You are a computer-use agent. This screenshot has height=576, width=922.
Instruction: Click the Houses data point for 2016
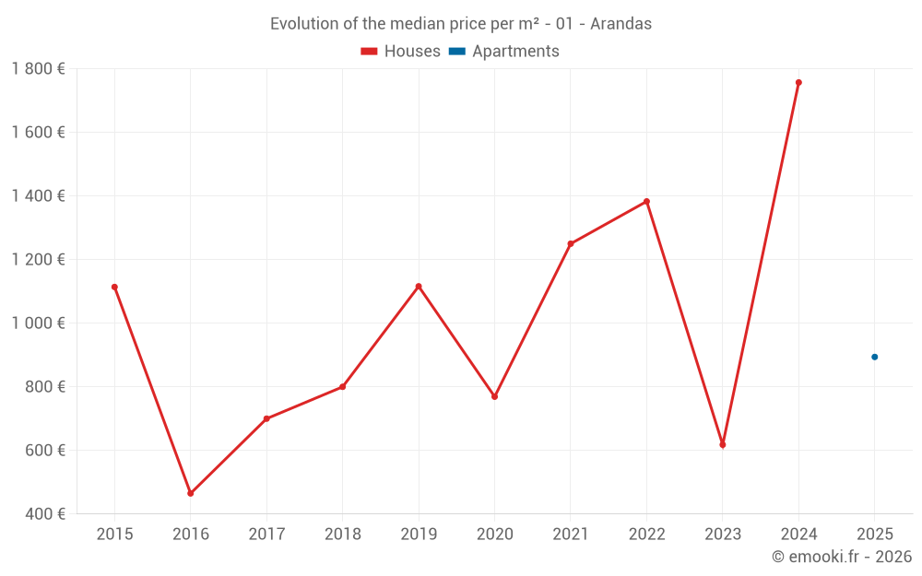click(191, 493)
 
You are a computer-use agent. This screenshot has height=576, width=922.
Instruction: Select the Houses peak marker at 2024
click(798, 83)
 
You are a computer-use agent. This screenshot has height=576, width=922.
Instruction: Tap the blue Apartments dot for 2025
click(874, 357)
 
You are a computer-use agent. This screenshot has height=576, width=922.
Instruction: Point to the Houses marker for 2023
click(722, 445)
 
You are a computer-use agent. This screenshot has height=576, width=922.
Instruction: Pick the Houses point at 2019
click(419, 287)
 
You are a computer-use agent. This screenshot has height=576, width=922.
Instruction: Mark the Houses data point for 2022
click(646, 201)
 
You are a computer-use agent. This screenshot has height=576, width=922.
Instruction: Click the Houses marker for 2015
click(114, 287)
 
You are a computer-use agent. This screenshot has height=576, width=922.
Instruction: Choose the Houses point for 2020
click(494, 396)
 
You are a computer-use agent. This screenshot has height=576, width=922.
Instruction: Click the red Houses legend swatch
click(370, 52)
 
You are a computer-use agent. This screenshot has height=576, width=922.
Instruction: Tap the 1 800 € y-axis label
click(38, 69)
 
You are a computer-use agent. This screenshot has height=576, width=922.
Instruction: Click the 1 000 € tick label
click(38, 323)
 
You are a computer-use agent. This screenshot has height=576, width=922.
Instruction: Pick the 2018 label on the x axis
click(342, 535)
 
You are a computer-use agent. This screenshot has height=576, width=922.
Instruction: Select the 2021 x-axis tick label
click(570, 535)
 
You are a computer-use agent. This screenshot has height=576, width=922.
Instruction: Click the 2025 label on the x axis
click(874, 535)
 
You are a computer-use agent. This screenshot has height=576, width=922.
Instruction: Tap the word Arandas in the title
click(621, 24)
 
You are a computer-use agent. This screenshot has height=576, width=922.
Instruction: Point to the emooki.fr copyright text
click(842, 557)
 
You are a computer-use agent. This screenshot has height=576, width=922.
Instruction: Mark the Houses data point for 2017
click(266, 418)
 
